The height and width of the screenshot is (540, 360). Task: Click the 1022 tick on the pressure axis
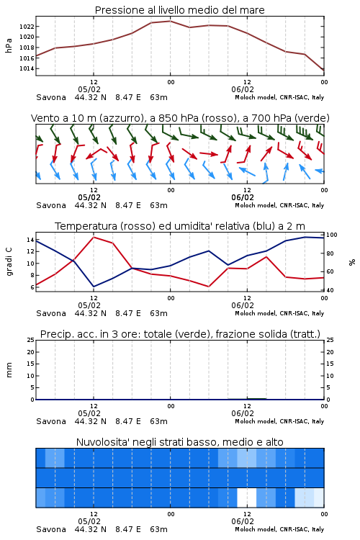[27, 27]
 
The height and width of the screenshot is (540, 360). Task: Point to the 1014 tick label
[27, 68]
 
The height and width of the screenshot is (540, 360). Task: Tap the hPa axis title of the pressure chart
[9, 45]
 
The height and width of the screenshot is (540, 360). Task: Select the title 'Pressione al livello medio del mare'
[179, 10]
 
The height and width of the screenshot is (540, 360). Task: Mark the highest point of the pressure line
[170, 21]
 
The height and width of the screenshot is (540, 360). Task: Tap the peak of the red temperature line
[94, 237]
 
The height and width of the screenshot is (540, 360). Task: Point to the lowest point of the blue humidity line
[94, 287]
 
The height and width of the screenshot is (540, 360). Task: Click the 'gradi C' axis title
[9, 262]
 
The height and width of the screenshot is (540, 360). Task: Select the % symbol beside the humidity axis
[352, 262]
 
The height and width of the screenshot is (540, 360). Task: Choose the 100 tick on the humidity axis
[332, 235]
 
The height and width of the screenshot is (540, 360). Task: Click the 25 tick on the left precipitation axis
[31, 340]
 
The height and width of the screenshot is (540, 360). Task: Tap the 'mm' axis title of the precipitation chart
[9, 370]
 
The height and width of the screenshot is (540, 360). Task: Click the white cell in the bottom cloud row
[247, 498]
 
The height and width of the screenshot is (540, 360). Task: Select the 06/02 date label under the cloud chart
[243, 521]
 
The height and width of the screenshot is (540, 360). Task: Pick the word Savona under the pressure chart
[51, 97]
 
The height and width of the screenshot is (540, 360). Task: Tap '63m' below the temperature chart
[159, 313]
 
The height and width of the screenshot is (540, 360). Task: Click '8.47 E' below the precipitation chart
[128, 421]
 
